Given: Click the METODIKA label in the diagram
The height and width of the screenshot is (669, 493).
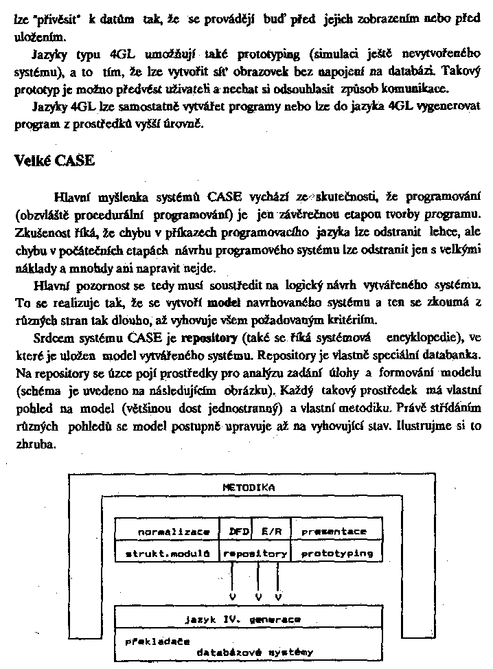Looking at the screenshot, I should pyautogui.click(x=249, y=487).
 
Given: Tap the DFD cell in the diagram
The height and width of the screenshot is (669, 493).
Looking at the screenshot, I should pyautogui.click(x=238, y=531).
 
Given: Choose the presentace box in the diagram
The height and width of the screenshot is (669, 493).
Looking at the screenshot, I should pyautogui.click(x=334, y=531).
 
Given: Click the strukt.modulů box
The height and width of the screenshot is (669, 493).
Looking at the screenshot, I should pyautogui.click(x=165, y=552).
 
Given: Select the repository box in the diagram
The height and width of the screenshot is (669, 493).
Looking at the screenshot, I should pyautogui.click(x=255, y=552).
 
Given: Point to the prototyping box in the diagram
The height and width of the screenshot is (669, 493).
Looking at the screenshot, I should pyautogui.click(x=337, y=552).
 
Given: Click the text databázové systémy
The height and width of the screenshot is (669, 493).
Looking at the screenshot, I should pyautogui.click(x=255, y=651).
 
